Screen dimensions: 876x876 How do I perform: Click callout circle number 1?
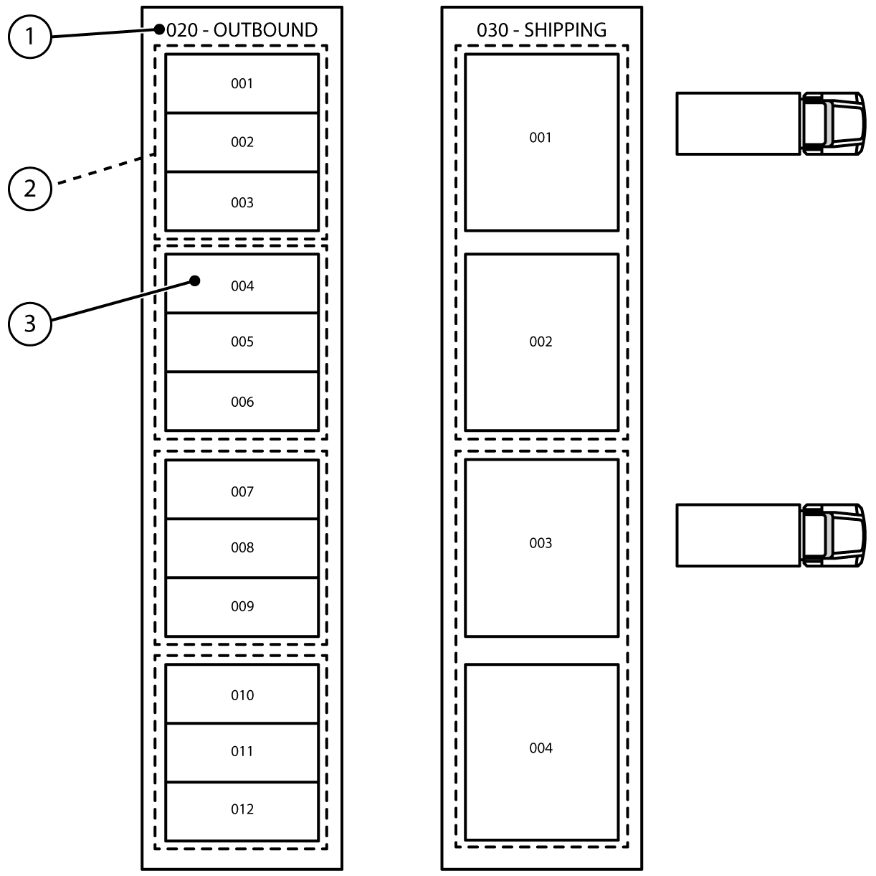[x=29, y=36]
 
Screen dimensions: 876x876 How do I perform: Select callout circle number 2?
[x=29, y=189]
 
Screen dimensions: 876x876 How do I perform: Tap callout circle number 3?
[x=29, y=324]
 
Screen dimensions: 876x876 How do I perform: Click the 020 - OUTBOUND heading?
[x=242, y=30]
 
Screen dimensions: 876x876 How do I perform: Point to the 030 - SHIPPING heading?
[x=541, y=30]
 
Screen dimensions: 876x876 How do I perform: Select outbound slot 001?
[x=242, y=83]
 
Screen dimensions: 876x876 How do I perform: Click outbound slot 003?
[x=242, y=202]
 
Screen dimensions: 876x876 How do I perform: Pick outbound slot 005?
[x=242, y=342]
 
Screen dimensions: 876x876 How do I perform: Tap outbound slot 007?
[x=242, y=491]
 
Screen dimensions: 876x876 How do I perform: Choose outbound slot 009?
[x=242, y=606]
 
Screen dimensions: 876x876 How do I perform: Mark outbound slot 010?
[x=242, y=694]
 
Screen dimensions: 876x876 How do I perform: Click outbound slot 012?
[x=242, y=809]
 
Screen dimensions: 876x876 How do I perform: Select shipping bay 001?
[x=541, y=142]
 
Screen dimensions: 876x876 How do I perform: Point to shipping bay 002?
[x=541, y=342]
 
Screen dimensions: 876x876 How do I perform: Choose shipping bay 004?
[x=541, y=752]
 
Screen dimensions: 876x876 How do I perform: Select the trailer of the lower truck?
[x=738, y=535]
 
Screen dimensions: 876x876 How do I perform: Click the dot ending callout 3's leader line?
[x=195, y=281]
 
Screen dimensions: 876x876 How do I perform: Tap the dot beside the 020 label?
[x=159, y=29]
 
